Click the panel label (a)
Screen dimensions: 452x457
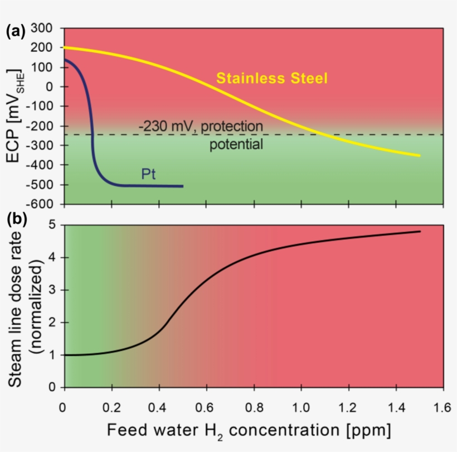(x=15, y=31)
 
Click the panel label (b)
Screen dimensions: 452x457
(x=15, y=219)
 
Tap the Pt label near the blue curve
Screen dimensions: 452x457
(x=148, y=174)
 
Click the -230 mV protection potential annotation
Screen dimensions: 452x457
(x=201, y=136)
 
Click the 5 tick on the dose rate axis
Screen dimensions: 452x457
(x=52, y=225)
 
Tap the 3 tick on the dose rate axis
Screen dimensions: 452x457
(x=52, y=290)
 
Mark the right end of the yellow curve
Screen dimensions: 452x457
(x=420, y=156)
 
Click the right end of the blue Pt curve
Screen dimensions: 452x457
(x=183, y=186)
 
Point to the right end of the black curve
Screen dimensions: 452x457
(x=420, y=231)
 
